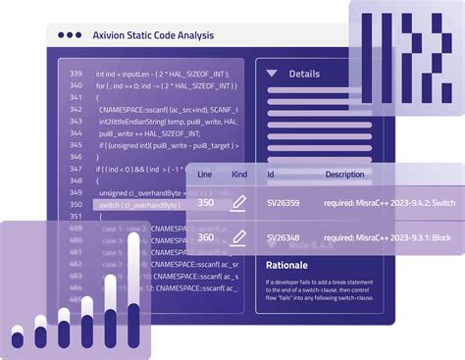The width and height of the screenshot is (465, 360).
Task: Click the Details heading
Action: click(304, 74)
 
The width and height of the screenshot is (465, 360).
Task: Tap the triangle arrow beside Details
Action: click(272, 74)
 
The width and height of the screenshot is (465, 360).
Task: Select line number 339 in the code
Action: click(76, 74)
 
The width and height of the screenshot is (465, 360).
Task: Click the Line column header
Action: click(205, 175)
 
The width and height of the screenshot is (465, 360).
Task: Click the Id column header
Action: click(271, 175)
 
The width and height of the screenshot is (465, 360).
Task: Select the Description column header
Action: click(344, 175)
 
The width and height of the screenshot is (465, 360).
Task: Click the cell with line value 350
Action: click(206, 203)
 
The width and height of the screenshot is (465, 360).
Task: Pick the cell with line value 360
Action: click(206, 237)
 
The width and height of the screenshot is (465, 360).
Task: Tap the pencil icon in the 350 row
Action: click(237, 203)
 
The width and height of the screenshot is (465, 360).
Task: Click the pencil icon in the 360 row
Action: click(237, 237)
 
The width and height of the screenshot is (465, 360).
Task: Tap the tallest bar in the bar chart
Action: click(133, 294)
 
